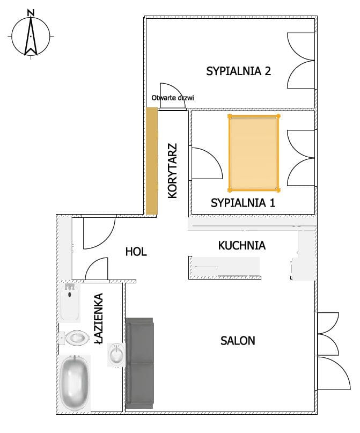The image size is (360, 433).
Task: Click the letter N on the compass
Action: [x=31, y=13]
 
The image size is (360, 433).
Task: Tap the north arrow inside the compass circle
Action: [x=31, y=36]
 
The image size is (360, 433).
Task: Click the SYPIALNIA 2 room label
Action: [x=239, y=71]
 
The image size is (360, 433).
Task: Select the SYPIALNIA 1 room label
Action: [x=243, y=203]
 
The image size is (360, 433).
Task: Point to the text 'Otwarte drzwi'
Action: [x=173, y=98]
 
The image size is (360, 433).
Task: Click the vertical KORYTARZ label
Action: [x=173, y=171]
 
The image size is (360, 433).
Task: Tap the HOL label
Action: [x=136, y=252]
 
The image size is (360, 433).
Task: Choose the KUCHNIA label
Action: [x=242, y=245]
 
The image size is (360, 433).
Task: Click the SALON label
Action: [x=238, y=341]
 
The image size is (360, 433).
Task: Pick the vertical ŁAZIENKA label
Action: [x=98, y=319]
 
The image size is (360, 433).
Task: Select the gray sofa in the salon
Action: [x=139, y=363]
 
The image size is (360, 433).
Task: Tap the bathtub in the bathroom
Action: [x=75, y=383]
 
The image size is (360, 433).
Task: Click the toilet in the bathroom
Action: [x=75, y=337]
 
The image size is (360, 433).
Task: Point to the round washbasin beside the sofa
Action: [x=116, y=355]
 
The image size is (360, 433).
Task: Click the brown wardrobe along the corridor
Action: [x=151, y=161]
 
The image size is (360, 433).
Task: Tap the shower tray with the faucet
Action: [x=70, y=302]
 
